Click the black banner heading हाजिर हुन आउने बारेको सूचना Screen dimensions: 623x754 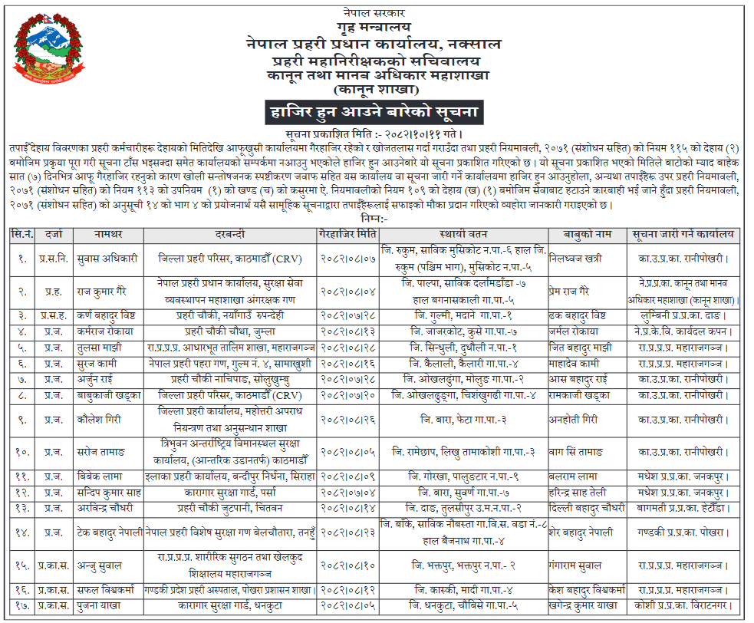pyautogui.click(x=374, y=112)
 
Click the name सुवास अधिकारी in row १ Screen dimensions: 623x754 pyautogui.click(x=106, y=259)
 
